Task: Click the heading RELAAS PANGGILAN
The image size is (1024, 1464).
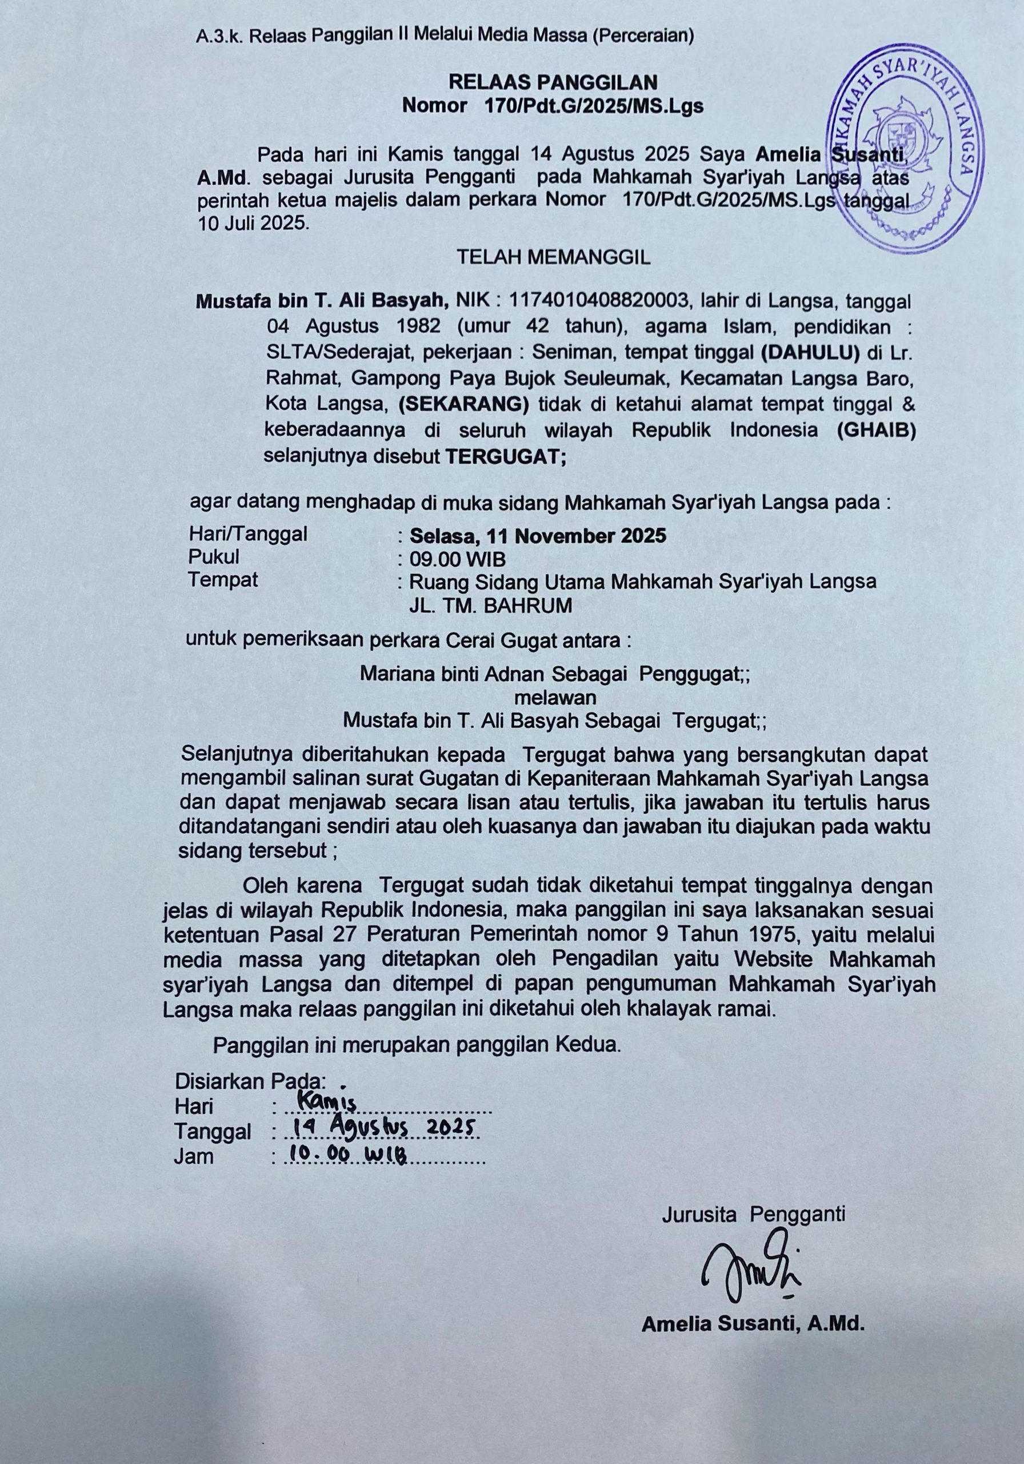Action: pos(553,82)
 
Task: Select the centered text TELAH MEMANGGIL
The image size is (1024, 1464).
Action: pos(553,257)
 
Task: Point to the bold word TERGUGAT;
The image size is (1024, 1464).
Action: pos(505,456)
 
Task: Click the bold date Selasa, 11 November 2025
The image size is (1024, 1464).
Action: pos(538,535)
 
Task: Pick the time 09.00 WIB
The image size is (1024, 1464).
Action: pos(458,559)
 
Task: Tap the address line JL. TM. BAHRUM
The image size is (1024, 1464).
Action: pos(490,605)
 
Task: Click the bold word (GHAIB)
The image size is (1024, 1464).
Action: pos(876,431)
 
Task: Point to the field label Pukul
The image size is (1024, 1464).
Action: pos(214,556)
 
